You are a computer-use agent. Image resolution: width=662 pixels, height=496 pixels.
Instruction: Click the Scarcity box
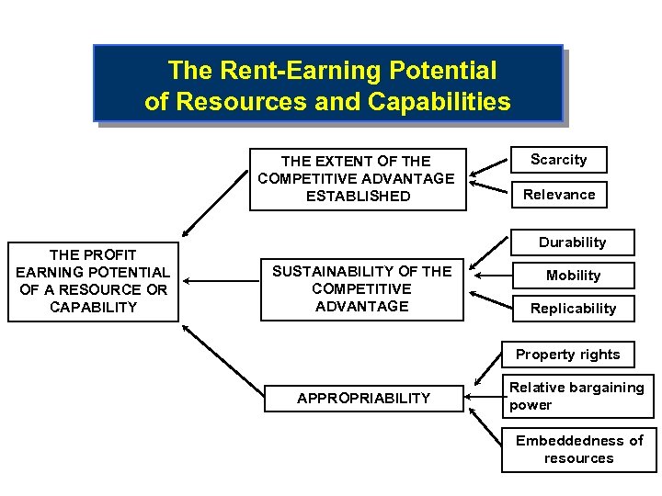558,160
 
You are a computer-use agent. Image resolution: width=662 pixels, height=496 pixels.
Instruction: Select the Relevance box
559,195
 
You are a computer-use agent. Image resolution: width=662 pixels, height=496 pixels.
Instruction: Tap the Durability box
572,242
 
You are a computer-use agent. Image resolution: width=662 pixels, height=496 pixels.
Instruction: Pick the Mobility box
573,276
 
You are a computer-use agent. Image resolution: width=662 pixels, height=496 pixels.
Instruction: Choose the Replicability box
573,309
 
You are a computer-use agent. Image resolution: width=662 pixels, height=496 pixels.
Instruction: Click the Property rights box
567,355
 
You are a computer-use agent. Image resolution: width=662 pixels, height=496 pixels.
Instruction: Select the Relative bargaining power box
576,397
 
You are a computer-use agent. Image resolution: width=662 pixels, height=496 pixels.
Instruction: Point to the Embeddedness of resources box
578,449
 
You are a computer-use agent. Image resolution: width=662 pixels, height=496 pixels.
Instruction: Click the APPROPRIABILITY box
362,398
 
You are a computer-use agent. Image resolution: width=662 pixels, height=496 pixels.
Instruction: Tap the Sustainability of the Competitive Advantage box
361,288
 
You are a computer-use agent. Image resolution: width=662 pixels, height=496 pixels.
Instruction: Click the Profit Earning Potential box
93,281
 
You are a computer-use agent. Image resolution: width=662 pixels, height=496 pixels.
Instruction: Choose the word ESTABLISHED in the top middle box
358,196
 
